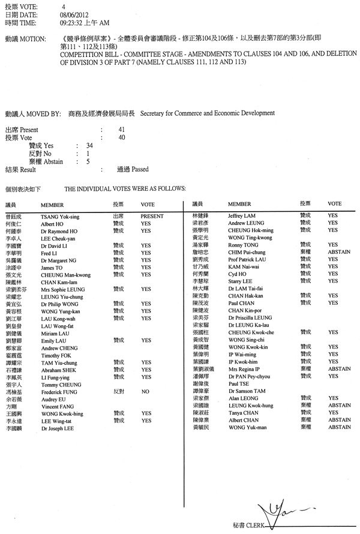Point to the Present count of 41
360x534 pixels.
point(121,130)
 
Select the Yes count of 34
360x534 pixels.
point(89,145)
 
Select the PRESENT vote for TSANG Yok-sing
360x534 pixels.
point(152,215)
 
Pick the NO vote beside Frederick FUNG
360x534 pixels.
point(145,391)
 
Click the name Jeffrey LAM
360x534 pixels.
point(242,215)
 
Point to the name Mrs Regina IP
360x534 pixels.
point(243,368)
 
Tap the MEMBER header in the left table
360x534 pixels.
point(52,205)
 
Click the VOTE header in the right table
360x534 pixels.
point(334,204)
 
